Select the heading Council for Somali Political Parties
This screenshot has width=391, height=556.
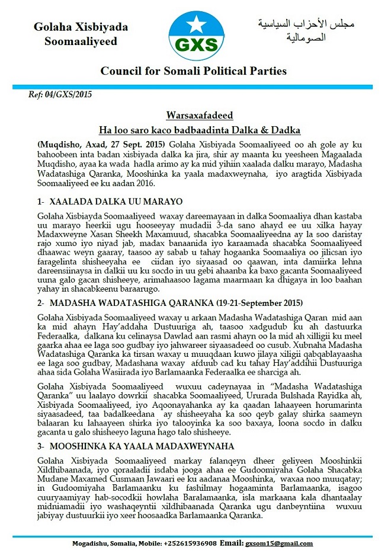[x=193, y=71]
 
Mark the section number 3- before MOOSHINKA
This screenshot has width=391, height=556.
[x=41, y=445]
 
